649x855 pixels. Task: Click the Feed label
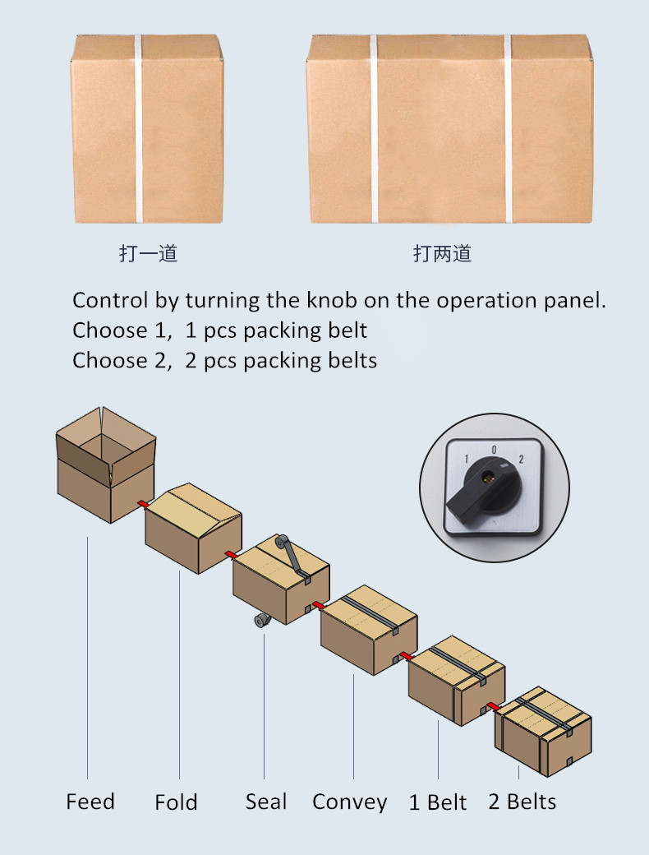[90, 802]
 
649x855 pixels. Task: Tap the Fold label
[176, 802]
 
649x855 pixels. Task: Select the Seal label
[266, 802]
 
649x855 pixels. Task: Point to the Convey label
[349, 802]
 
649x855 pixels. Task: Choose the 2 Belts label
[522, 802]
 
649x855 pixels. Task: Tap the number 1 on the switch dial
[467, 458]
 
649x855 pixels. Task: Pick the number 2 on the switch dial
[521, 458]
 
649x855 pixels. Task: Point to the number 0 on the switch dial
[494, 450]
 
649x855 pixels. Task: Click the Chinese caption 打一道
[148, 253]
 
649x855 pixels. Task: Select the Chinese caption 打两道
[442, 253]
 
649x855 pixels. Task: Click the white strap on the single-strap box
[139, 129]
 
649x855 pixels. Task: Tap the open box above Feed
[105, 464]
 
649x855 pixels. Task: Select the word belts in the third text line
[351, 360]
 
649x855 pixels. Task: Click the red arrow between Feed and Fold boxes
[141, 503]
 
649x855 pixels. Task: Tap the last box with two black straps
[542, 732]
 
